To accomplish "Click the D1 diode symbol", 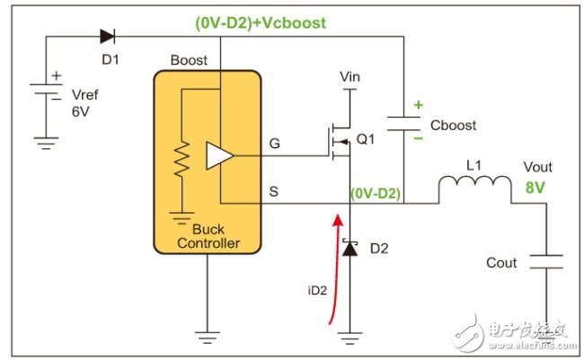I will [x=107, y=37].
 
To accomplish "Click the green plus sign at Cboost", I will [x=417, y=105].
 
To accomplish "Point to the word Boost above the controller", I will [x=189, y=60].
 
